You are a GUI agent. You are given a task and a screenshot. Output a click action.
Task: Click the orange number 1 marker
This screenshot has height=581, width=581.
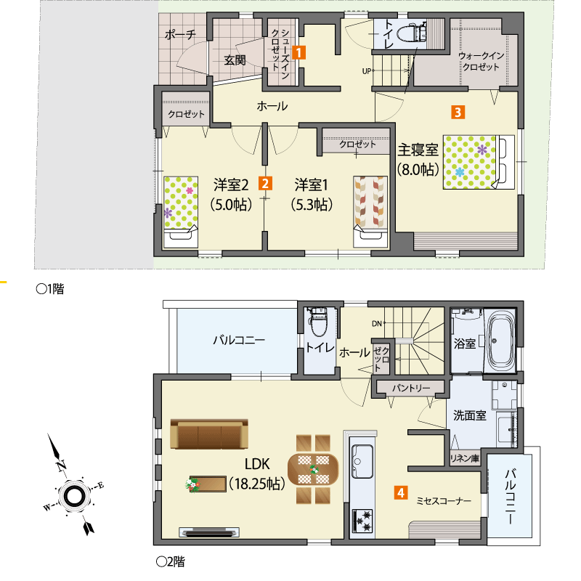298,52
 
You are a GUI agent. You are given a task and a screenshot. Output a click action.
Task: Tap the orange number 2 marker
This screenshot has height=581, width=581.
265,184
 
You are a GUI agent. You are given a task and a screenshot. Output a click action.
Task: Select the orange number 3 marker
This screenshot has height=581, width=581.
458,112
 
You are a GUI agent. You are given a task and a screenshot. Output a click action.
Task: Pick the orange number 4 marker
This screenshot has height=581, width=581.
401,492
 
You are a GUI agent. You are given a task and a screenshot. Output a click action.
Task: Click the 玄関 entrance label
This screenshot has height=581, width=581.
235,60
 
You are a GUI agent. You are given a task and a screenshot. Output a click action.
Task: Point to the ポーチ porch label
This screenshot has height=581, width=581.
180,35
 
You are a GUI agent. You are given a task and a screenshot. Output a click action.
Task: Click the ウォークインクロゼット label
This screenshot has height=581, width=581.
481,61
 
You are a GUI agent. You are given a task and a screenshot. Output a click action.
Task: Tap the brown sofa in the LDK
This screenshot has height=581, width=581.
209,434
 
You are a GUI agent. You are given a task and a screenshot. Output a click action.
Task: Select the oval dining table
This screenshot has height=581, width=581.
313,468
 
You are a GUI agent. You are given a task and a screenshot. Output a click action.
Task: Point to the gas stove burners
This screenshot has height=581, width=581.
362,521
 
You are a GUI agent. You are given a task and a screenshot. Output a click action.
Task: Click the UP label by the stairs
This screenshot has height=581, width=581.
366,70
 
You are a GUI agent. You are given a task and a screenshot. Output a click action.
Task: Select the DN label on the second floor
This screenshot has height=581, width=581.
376,323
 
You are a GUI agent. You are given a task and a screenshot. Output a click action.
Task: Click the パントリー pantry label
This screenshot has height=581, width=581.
411,388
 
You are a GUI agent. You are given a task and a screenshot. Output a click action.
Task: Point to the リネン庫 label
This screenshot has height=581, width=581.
465,458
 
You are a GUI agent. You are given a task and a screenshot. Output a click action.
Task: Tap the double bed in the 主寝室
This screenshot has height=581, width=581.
479,162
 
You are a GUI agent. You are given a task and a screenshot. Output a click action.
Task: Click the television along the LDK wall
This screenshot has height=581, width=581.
209,532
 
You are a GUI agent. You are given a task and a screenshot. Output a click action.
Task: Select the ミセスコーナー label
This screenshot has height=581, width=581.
444,501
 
